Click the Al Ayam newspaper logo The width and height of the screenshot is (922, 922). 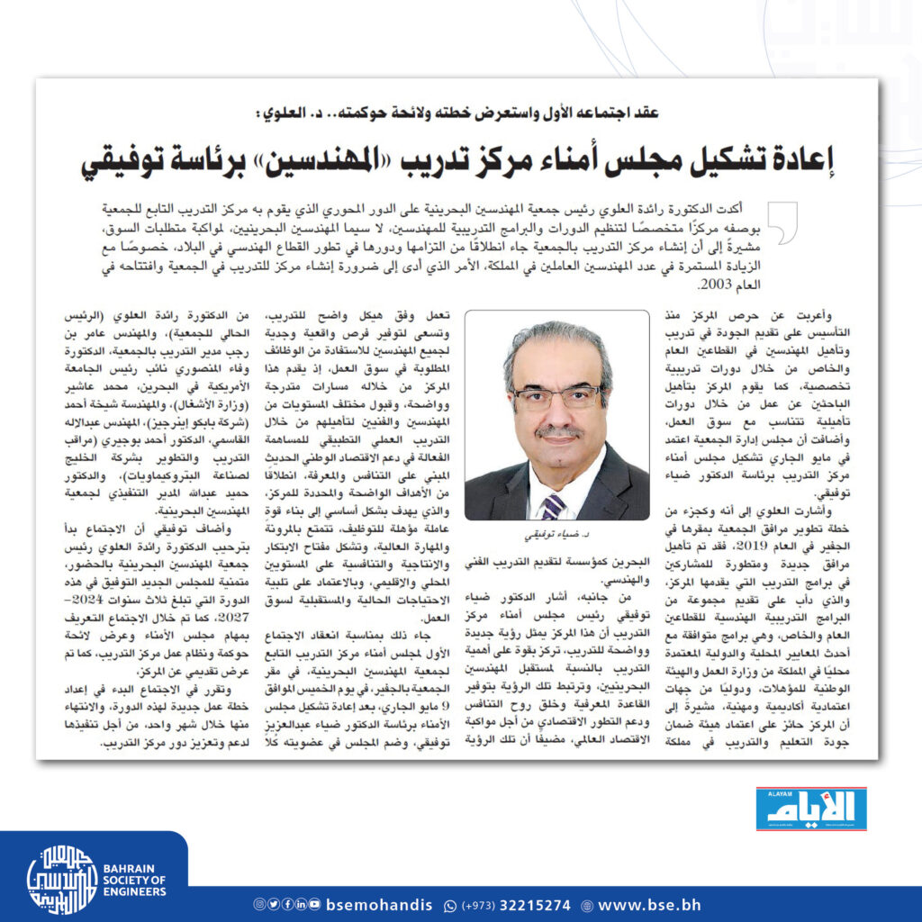coord(810,809)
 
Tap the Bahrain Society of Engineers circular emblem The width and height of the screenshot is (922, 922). coord(61,879)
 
